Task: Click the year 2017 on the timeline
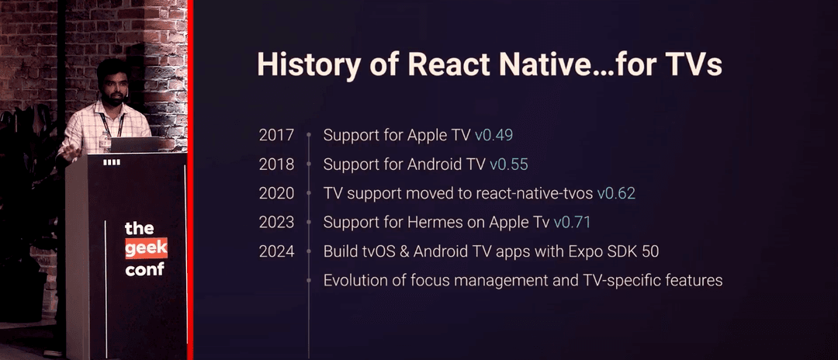pyautogui.click(x=276, y=135)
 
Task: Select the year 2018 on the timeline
pyautogui.click(x=276, y=164)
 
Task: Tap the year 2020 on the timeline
pyautogui.click(x=276, y=193)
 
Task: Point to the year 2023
pyautogui.click(x=276, y=223)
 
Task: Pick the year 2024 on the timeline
pyautogui.click(x=276, y=251)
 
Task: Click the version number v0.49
pyautogui.click(x=494, y=135)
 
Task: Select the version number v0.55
pyautogui.click(x=509, y=164)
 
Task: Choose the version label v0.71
pyautogui.click(x=572, y=223)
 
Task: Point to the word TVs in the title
pyautogui.click(x=694, y=65)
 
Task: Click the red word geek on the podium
pyautogui.click(x=145, y=249)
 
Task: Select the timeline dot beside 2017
pyautogui.click(x=309, y=135)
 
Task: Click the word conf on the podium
pyautogui.click(x=144, y=270)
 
